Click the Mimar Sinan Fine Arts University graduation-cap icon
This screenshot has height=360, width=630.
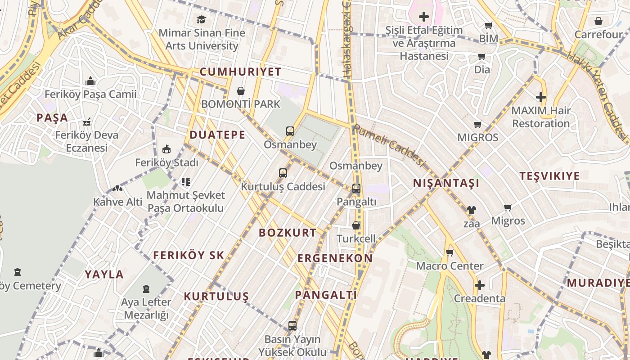pos(201,19)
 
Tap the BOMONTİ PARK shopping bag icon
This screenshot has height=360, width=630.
pos(241,91)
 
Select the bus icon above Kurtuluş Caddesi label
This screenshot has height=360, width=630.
pos(283,173)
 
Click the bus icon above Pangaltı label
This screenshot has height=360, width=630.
pos(356,188)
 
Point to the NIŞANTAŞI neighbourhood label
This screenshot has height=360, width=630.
pos(446,183)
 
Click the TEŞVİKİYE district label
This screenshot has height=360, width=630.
pos(549,176)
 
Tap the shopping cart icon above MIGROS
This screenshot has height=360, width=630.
pos(477,124)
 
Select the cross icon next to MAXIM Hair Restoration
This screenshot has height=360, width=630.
pos(540,97)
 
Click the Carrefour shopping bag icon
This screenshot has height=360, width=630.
pos(598,21)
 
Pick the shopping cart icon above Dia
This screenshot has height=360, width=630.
pos(481,57)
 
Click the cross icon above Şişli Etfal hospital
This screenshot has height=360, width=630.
pos(423,17)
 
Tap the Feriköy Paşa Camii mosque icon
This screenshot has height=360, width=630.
pos(90,81)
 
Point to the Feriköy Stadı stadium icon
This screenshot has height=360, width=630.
pos(166,149)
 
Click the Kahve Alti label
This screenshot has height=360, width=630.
pos(117,202)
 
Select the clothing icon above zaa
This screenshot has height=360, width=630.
pos(471,210)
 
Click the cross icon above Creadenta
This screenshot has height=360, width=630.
pos(479,285)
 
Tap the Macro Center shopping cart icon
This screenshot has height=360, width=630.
pos(449,252)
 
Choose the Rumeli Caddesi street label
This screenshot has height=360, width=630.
pos(389,145)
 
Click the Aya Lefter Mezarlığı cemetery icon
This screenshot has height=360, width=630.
pos(146,288)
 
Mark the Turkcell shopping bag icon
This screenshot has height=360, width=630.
pos(355,225)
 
